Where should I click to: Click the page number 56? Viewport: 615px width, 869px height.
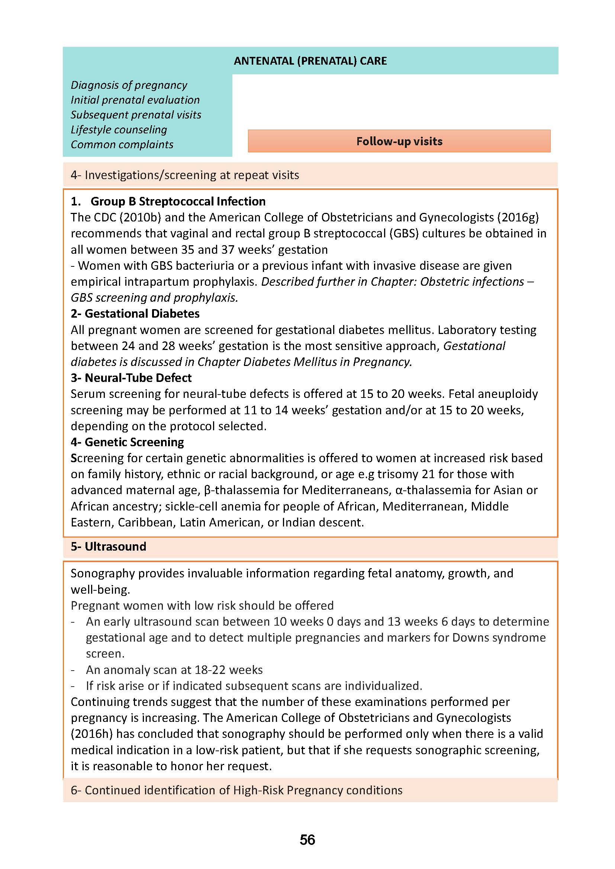coord(307,840)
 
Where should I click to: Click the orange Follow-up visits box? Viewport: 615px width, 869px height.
coord(399,141)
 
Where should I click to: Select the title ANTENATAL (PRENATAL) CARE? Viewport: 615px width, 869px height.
coord(310,61)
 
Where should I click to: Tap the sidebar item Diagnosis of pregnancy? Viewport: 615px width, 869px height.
coord(129,85)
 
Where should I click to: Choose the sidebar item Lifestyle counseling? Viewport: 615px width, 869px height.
coord(119,130)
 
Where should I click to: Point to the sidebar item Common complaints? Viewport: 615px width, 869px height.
coord(122,145)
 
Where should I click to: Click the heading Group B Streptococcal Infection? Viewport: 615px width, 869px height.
coord(178,201)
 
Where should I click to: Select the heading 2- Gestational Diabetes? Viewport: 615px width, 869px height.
coord(135,314)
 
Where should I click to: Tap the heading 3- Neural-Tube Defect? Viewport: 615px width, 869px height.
coord(131,378)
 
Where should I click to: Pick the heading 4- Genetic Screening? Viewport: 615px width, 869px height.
coord(127,442)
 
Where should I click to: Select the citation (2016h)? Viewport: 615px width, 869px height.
coord(92,734)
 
